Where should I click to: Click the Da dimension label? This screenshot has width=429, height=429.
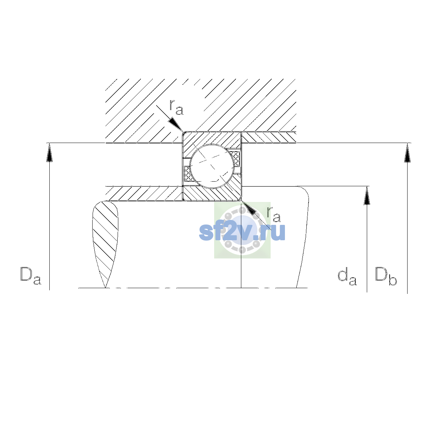[x=31, y=276]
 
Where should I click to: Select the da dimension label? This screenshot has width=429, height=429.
[x=347, y=277]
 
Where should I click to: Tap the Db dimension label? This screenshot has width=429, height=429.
[x=386, y=276]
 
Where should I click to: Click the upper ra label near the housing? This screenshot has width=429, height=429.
[x=176, y=107]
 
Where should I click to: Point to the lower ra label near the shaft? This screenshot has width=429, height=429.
[x=273, y=214]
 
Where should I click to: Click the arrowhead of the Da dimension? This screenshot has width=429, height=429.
[x=49, y=152]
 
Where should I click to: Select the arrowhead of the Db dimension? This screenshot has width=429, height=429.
[x=408, y=153]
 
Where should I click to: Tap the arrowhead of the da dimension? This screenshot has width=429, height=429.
[x=367, y=196]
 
